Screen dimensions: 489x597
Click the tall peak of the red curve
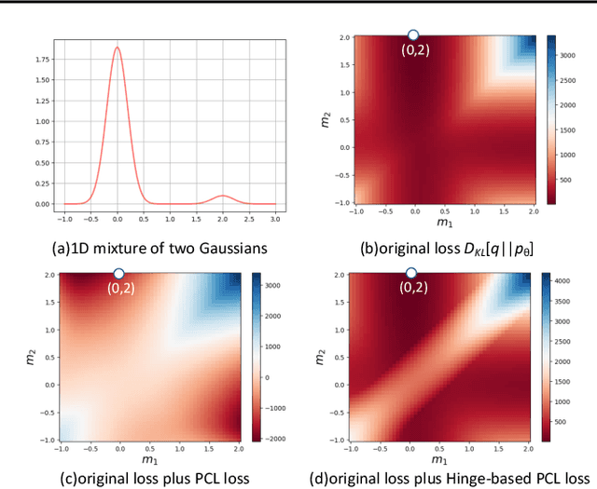(x=117, y=48)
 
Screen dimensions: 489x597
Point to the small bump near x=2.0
(x=222, y=196)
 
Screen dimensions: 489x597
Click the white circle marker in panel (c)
(x=118, y=273)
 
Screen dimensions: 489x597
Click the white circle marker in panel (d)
(x=410, y=273)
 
